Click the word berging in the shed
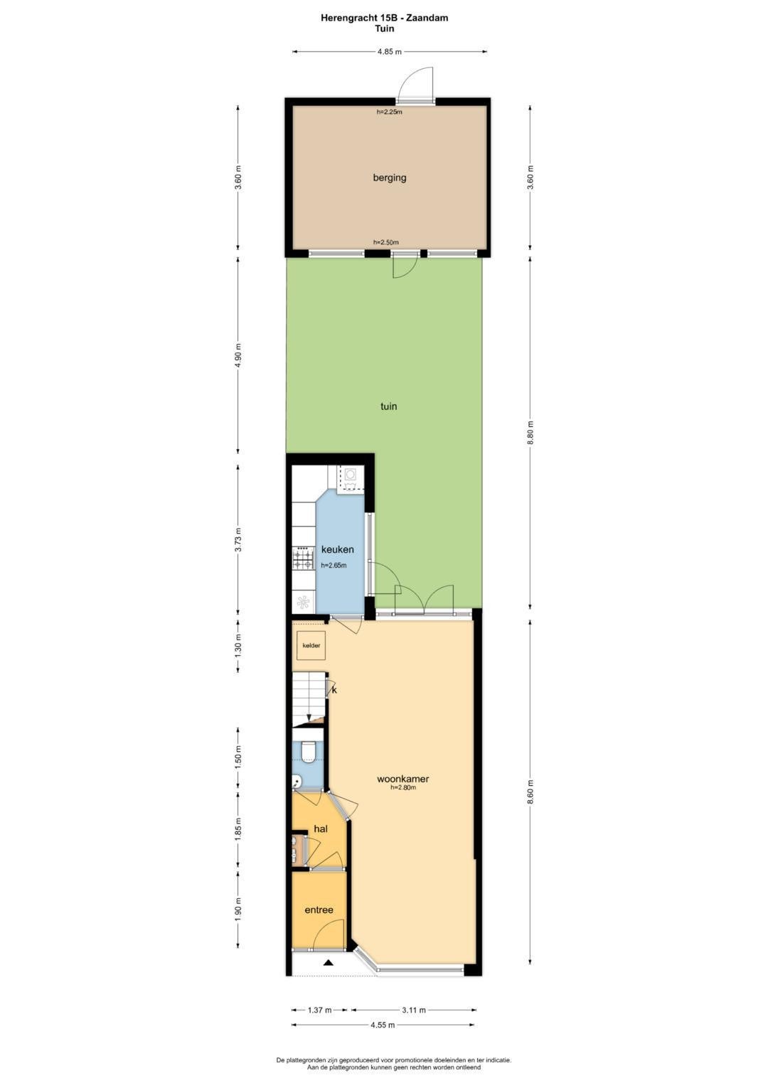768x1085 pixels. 390,178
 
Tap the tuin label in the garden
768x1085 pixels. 388,406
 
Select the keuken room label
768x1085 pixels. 338,549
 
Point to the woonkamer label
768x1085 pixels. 403,779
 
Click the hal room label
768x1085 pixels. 321,828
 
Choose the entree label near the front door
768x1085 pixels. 319,910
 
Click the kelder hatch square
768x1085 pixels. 311,646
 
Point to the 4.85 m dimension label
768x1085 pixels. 390,53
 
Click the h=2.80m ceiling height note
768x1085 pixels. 403,787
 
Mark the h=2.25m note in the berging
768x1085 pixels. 390,112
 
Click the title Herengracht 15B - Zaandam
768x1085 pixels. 384,18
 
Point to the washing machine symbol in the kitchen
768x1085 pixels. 350,478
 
